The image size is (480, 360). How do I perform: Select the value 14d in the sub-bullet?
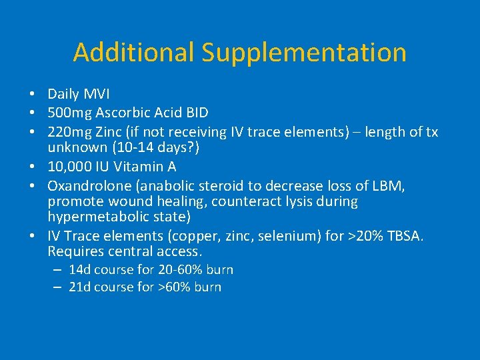tap(80, 270)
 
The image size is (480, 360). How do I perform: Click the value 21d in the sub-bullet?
tap(80, 287)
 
